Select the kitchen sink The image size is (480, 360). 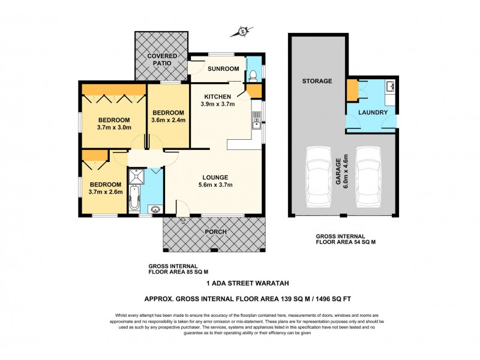256,124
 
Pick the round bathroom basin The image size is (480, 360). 155,209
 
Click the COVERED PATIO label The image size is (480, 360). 160,59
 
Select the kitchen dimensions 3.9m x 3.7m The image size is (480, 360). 217,104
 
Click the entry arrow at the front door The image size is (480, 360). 183,220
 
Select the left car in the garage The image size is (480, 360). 318,179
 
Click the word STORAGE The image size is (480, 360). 317,81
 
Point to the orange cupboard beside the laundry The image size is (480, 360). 352,92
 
